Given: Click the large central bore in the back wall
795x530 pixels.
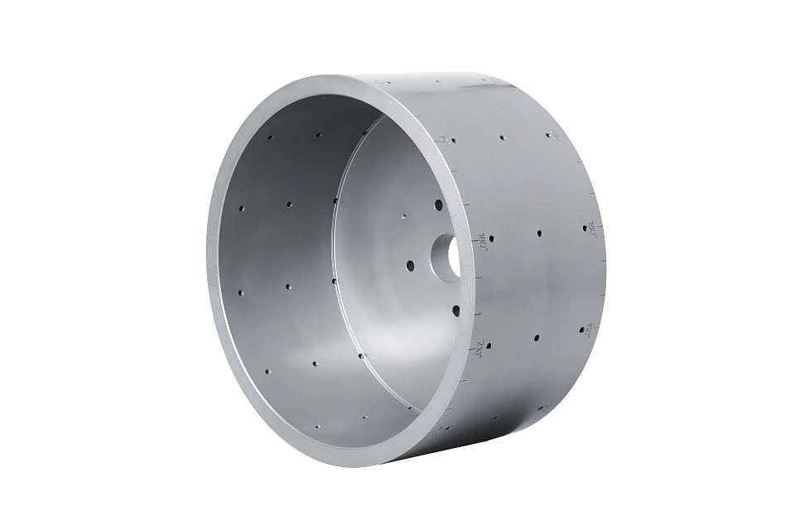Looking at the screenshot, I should click(447, 258).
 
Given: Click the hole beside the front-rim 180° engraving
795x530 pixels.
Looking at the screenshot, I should click(491, 238).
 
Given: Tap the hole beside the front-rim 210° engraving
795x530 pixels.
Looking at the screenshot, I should click(489, 346).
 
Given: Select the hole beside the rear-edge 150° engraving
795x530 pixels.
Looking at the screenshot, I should click(581, 330).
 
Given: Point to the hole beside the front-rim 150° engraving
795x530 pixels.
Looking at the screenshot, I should click(454, 140).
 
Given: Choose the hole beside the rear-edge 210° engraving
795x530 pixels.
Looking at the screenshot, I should click(548, 135).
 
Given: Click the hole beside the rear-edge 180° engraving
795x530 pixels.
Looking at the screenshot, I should click(585, 228).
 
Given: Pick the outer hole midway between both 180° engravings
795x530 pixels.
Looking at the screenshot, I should click(539, 234).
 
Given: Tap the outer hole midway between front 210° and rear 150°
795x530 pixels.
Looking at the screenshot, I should click(537, 338).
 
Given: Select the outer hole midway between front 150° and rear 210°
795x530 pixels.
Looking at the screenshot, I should click(503, 138).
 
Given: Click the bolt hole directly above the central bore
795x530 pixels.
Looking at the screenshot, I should click(439, 205).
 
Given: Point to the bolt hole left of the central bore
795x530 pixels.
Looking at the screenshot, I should click(410, 266).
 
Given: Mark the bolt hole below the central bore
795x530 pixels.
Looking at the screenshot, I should click(455, 311).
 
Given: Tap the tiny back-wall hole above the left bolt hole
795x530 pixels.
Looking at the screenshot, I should click(403, 216).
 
